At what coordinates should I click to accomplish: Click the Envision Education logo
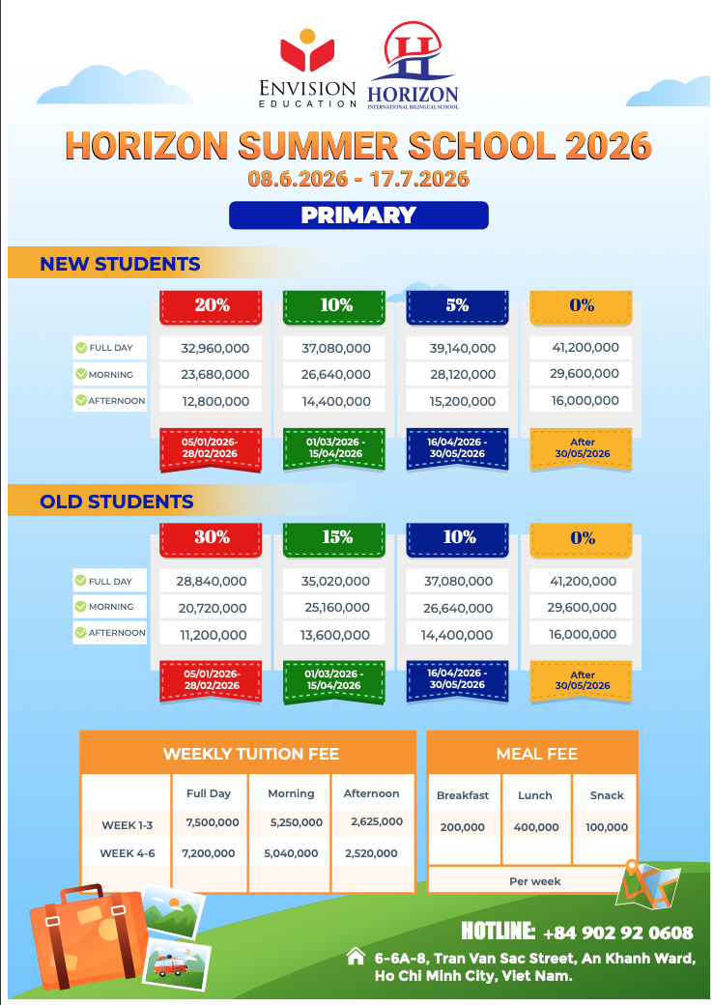coord(307,68)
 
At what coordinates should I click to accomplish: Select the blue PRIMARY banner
coord(358,215)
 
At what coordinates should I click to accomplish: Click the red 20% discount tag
coord(212,305)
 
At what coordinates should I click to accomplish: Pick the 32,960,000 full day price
coord(212,348)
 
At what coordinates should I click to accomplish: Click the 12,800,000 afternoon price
coord(212,401)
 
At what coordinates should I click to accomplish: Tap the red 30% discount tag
coord(212,538)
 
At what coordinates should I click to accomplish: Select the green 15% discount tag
coord(336,538)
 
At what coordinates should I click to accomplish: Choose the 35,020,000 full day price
coord(335,582)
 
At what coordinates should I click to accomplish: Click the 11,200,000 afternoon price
coord(212,635)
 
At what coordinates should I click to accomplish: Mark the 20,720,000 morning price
coord(212,608)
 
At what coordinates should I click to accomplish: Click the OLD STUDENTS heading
coord(116,502)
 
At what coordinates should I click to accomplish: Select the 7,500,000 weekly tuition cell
coord(212,822)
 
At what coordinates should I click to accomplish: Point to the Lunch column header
coord(535,795)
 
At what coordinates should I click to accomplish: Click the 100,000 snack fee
coord(607,827)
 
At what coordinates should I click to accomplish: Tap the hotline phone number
coord(618,933)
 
